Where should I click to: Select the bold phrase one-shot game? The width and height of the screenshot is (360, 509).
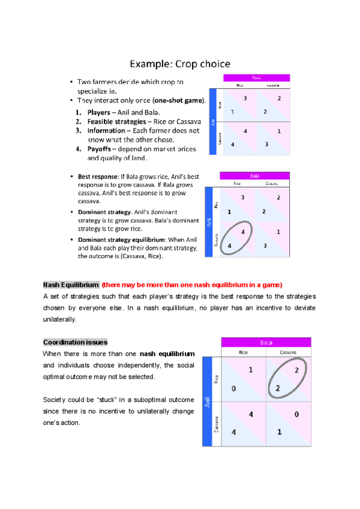[178, 100]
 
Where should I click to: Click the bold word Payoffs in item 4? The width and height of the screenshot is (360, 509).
[102, 148]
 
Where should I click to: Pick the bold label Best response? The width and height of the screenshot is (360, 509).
[98, 177]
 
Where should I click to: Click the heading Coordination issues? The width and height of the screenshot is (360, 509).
[76, 342]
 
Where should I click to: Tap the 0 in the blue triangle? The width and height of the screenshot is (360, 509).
[233, 388]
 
